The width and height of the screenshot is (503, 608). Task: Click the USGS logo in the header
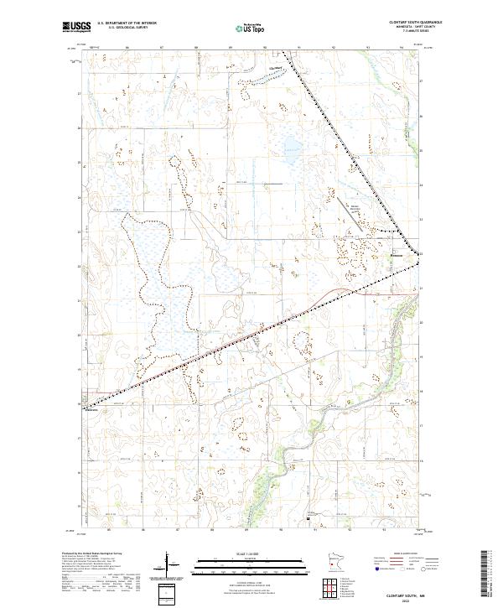click(x=76, y=26)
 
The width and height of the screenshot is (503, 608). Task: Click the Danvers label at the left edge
click(x=92, y=410)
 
